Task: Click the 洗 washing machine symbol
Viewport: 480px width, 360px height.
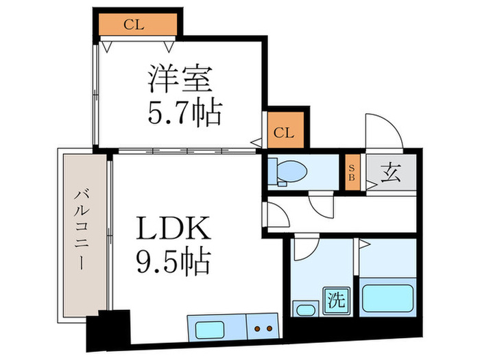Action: click(x=337, y=300)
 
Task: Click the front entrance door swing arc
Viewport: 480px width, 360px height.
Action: click(x=381, y=130)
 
